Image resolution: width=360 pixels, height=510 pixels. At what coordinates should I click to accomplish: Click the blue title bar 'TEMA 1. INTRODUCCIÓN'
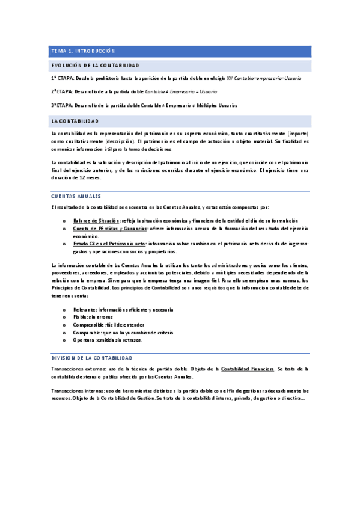(x=83, y=51)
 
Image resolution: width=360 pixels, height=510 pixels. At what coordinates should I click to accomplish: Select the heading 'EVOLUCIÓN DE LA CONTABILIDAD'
(x=96, y=65)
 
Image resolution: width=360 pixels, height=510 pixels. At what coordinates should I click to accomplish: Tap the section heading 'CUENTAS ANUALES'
(x=76, y=197)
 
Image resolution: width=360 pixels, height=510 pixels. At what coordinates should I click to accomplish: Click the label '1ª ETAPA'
(x=63, y=79)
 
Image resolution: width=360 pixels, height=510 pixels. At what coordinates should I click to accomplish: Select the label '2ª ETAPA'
(x=62, y=92)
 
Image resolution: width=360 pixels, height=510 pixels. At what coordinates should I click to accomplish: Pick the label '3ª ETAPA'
(x=62, y=105)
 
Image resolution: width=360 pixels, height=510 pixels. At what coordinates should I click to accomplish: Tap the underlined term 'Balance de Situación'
(x=96, y=221)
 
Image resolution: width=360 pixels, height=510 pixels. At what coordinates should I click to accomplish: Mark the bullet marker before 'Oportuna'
(x=64, y=340)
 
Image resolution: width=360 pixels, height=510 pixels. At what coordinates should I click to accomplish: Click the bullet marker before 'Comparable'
(x=64, y=333)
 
